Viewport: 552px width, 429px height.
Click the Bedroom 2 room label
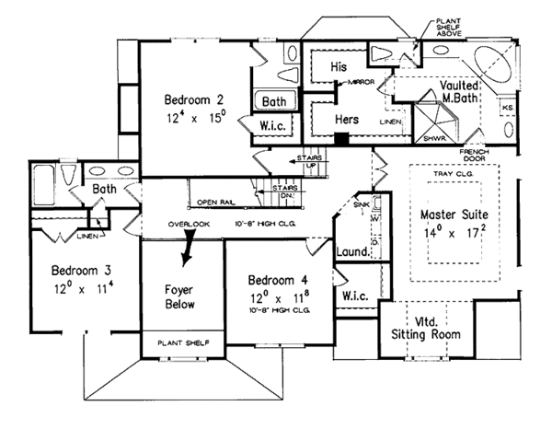click(195, 99)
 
